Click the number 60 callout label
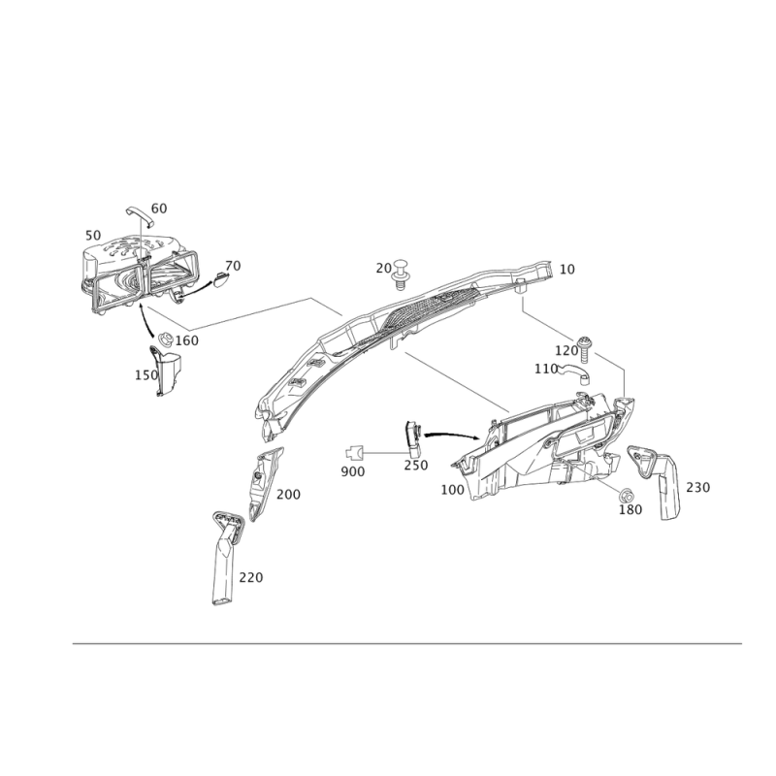click(159, 208)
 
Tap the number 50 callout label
click(93, 235)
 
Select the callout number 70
click(232, 265)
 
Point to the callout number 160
click(187, 340)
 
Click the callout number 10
click(567, 269)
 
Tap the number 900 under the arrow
click(352, 470)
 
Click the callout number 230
click(698, 486)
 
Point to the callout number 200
click(288, 495)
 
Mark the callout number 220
click(251, 577)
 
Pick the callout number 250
click(416, 466)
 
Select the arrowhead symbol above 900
click(351, 450)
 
